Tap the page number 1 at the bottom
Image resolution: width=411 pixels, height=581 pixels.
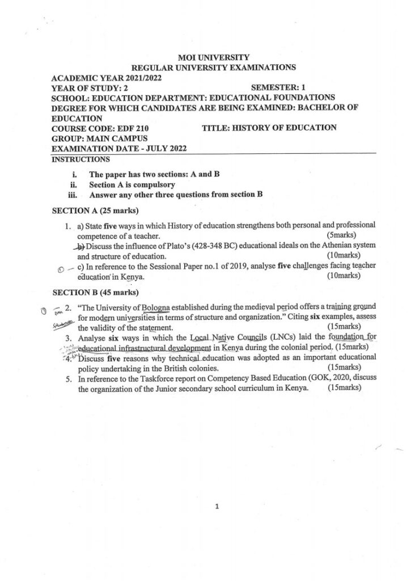pos(217,507)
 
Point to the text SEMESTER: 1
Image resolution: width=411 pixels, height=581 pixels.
pos(278,88)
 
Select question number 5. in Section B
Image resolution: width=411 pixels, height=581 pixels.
pos(69,378)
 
